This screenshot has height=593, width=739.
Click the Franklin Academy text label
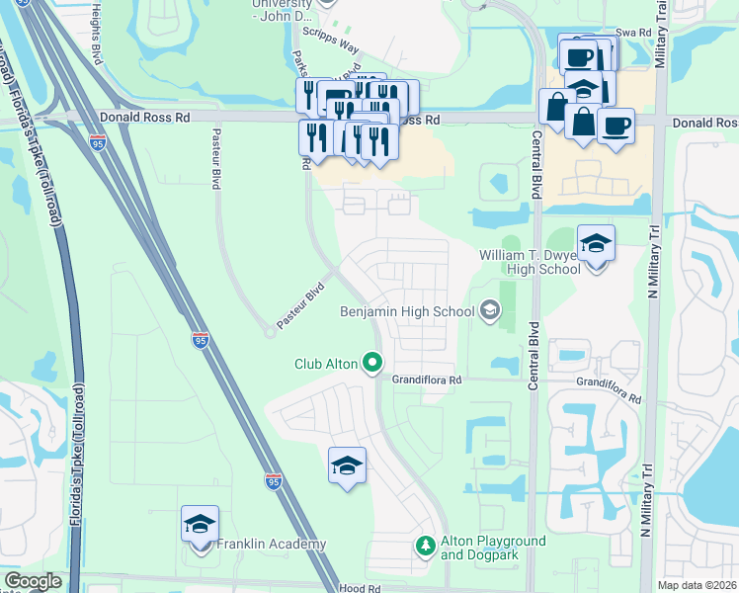[x=272, y=545]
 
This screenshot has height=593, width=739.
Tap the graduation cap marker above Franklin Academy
[x=201, y=525]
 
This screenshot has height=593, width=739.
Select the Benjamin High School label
[x=407, y=311]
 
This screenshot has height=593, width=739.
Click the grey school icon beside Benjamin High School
[x=489, y=311]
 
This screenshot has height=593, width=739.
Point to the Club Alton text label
[x=325, y=364]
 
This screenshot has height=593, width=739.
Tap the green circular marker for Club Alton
[x=372, y=364]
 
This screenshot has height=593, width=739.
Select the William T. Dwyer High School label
[x=530, y=261]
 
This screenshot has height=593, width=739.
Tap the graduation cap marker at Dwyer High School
[x=596, y=243]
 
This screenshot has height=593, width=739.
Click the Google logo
[x=33, y=581]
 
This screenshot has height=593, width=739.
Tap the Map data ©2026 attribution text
[x=697, y=585]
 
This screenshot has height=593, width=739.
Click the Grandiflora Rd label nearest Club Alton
[x=427, y=380]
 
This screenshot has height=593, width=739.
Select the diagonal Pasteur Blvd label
[x=300, y=306]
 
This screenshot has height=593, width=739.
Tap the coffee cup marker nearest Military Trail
[x=616, y=126]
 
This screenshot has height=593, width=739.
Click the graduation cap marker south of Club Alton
[x=348, y=466]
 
